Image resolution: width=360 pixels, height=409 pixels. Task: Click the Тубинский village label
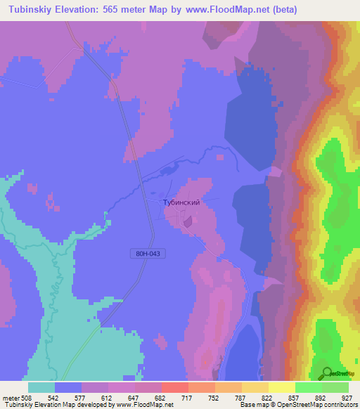click(181, 202)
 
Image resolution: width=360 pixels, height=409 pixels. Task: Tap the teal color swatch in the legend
click(41, 387)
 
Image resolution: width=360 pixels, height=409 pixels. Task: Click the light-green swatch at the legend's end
click(335, 387)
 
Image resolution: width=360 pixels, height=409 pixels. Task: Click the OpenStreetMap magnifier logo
click(327, 372)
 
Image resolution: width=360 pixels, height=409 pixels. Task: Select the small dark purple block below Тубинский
click(187, 222)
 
